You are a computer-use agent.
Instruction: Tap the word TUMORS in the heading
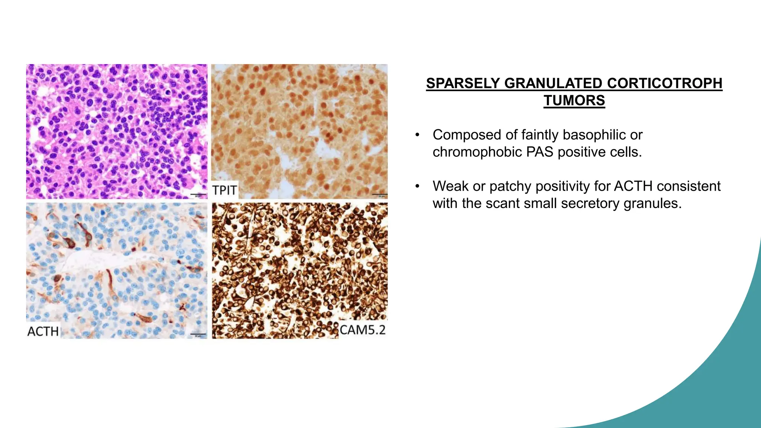point(574,101)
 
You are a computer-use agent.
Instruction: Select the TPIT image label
point(224,190)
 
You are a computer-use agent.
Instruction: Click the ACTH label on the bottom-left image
point(43,331)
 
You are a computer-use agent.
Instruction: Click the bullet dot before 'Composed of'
point(418,135)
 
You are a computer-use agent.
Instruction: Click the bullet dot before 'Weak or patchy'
point(418,186)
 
